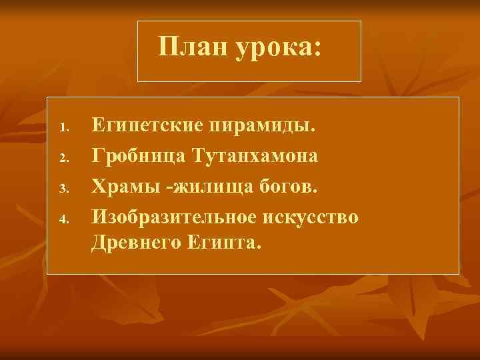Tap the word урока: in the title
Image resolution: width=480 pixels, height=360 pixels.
click(x=275, y=48)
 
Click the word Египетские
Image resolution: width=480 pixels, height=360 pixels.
click(x=147, y=125)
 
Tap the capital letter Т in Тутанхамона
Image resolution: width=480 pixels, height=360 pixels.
click(x=198, y=155)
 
